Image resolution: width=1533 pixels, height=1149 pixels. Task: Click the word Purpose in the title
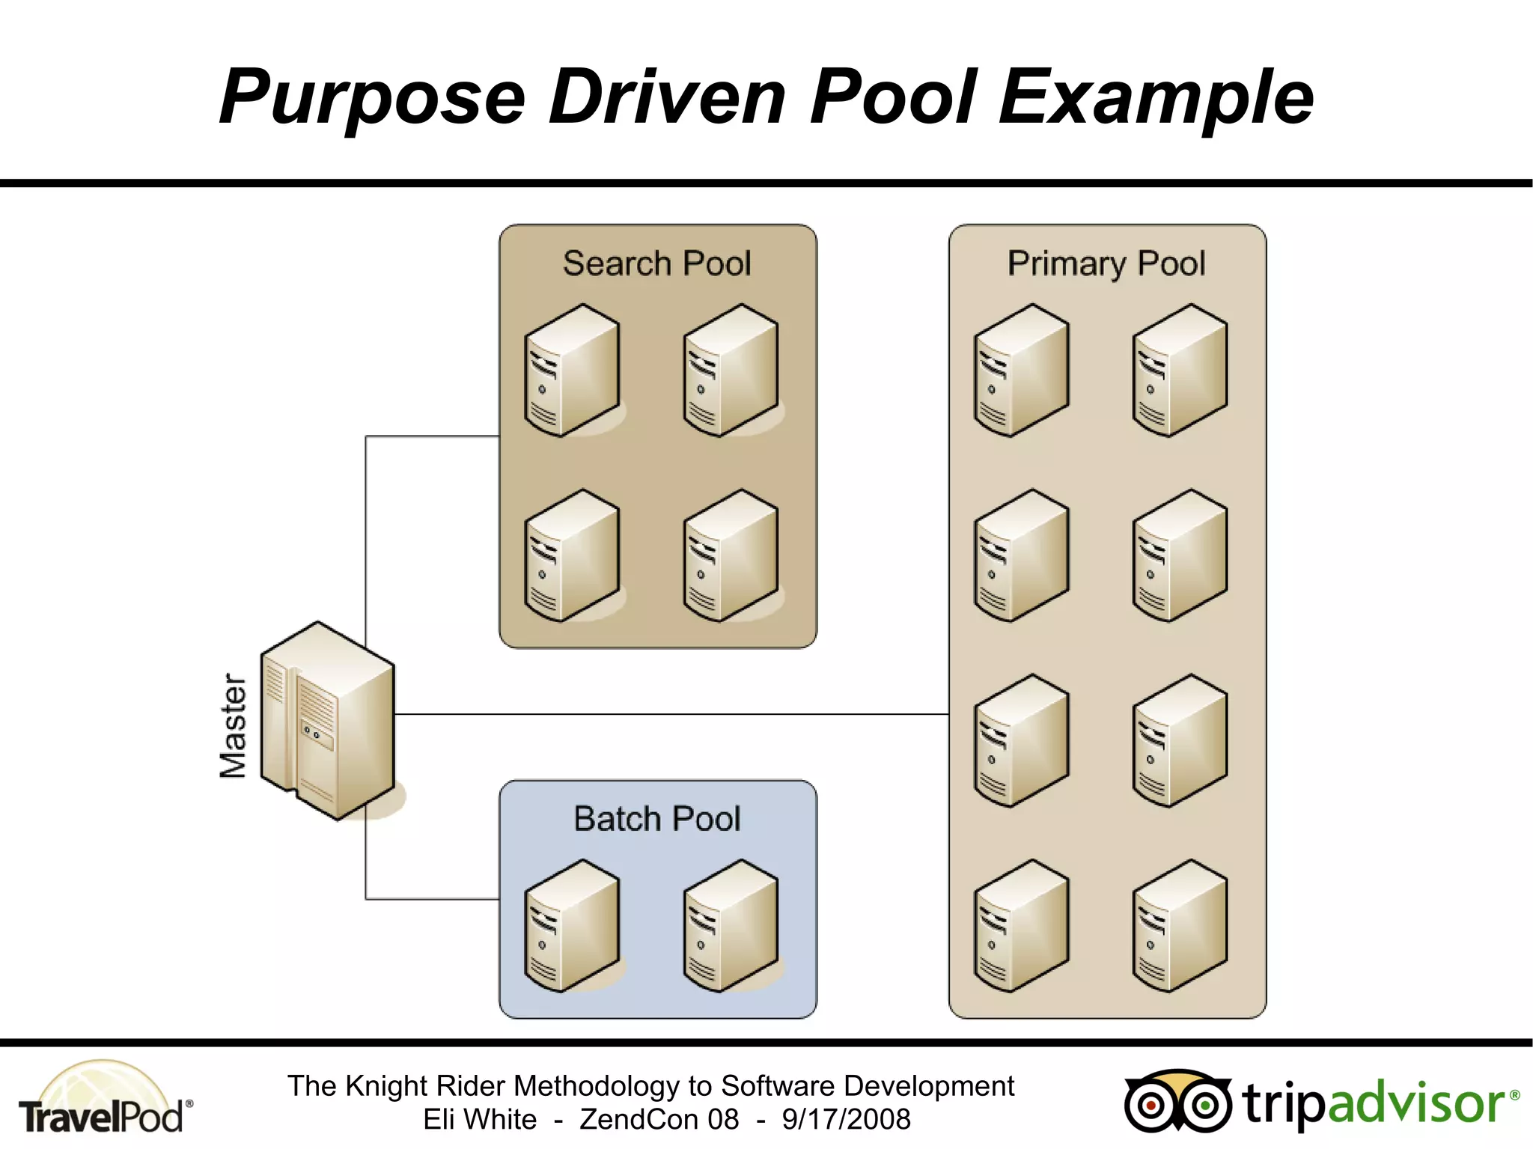372,97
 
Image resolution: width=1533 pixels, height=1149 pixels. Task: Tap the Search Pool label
656,263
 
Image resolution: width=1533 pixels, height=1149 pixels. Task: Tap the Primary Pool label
1106,263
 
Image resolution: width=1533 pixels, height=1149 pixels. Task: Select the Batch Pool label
656,818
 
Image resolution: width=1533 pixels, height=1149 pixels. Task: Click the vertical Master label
233,725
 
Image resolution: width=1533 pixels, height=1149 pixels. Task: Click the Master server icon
327,721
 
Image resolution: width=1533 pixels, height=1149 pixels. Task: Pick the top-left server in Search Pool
573,371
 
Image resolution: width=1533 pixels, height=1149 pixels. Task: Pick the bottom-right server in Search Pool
731,555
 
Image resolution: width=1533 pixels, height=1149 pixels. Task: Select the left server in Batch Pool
573,926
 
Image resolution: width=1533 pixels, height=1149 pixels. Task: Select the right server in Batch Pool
731,926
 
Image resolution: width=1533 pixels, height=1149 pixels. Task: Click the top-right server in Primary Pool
1180,371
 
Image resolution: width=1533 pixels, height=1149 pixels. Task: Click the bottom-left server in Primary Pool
1022,926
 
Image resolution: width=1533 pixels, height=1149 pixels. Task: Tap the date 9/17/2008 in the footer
846,1120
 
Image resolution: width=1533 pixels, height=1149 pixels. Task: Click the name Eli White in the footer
480,1120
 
